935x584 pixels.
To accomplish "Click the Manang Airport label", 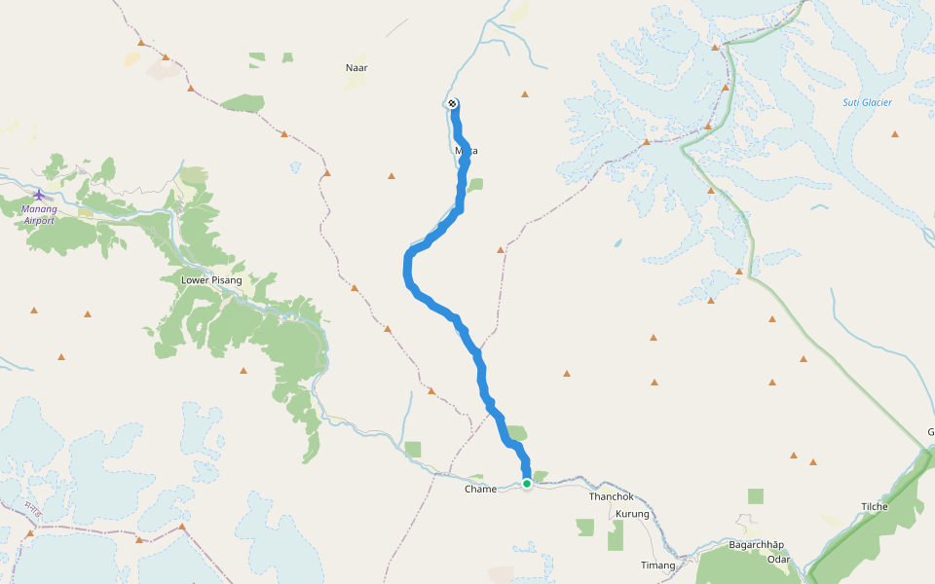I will coord(39,214).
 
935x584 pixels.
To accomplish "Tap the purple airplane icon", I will coord(39,195).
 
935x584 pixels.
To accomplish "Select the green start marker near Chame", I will coord(527,483).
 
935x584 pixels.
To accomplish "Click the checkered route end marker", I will coord(453,103).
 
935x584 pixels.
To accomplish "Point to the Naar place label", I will coord(356,67).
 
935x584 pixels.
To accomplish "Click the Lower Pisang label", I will coord(211,280).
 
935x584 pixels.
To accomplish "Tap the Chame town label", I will coord(481,490).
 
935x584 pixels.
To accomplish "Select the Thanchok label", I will coord(611,496).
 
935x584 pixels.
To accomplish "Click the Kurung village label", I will coord(632,513).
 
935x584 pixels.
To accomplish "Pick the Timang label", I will coord(656,566).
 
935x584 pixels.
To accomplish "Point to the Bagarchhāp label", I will coord(757,545).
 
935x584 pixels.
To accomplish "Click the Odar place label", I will coord(778,560).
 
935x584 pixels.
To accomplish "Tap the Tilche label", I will coord(875,507).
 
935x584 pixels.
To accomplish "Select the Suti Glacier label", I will coord(867,102).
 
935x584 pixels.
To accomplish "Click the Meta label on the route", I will coord(467,151).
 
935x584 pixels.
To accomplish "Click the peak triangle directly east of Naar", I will coord(525,94).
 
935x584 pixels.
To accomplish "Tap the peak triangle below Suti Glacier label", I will coord(895,133).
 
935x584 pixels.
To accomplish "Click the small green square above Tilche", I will coord(756,496).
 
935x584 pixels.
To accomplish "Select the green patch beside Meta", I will coord(475,184).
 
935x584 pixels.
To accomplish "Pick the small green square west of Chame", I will coord(413,449).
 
